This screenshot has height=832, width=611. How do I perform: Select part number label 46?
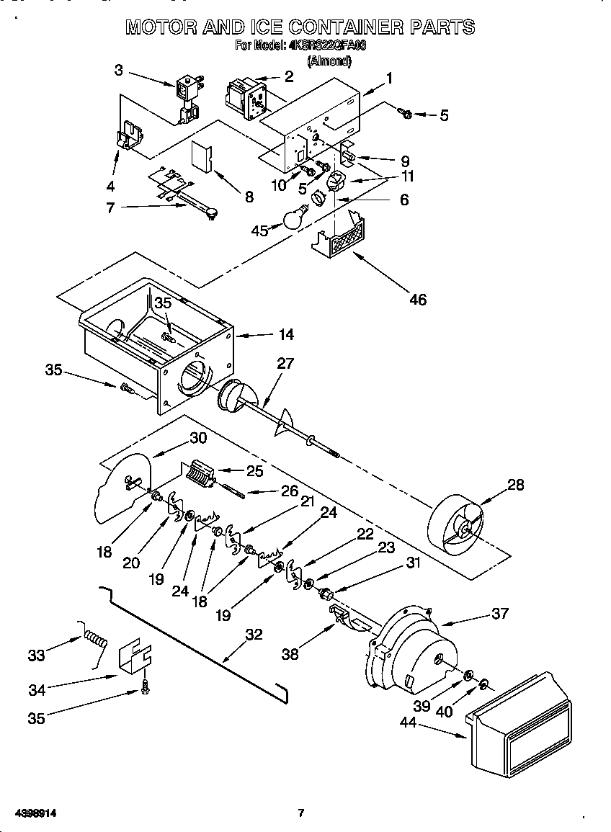tap(418, 299)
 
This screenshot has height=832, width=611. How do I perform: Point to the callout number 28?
tap(516, 484)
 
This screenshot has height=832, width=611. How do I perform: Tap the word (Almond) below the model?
tap(329, 61)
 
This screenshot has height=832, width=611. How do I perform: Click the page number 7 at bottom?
tap(301, 813)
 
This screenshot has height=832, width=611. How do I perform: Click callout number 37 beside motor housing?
tap(500, 614)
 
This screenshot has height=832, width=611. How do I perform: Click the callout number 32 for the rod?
tap(254, 635)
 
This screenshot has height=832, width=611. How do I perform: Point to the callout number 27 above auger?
tap(285, 363)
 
